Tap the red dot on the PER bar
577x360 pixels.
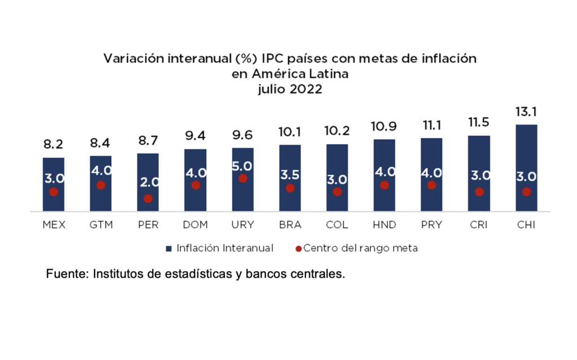148,198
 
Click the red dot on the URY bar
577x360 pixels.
243,179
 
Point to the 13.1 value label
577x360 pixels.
526,112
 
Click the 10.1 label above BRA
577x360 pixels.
290,132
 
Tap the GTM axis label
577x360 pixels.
101,225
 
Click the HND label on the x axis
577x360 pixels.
384,225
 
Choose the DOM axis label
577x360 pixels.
196,225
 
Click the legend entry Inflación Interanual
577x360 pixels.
224,248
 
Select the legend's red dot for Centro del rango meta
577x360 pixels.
299,248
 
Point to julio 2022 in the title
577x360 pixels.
290,89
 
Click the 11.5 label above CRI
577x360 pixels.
479,122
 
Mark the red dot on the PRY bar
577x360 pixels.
432,185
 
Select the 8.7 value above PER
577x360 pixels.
148,141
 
